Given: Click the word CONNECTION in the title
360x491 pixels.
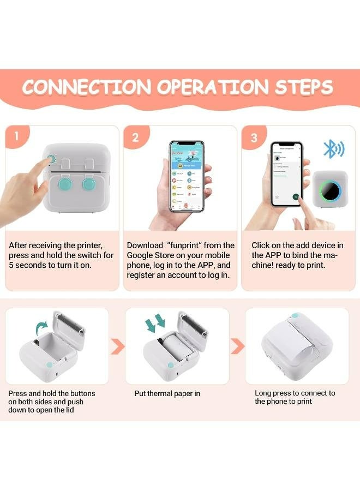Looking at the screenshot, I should tap(86, 87).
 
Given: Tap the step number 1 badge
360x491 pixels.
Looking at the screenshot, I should tap(16, 137).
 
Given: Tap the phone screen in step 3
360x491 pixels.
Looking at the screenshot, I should tap(286, 173).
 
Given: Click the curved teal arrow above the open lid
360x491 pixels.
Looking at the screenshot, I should tap(41, 328).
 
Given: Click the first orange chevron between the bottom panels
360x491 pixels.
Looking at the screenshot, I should tap(117, 346).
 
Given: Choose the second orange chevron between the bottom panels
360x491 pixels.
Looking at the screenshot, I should tap(237, 346).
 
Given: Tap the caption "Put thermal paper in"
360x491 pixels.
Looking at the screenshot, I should tap(167, 393).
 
